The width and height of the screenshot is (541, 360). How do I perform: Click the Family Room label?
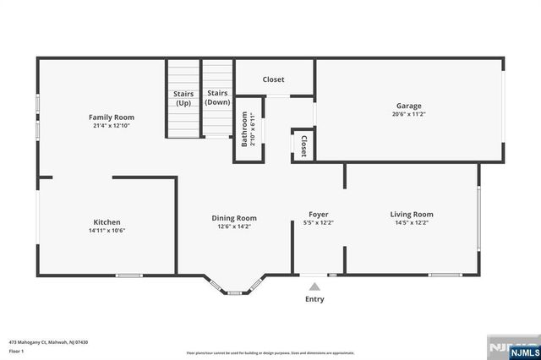click(x=112, y=117)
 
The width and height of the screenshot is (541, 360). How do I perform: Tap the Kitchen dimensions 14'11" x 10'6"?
click(x=107, y=230)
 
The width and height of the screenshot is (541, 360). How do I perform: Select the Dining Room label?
click(x=233, y=217)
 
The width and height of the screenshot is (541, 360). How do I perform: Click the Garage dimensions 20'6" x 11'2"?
click(x=408, y=114)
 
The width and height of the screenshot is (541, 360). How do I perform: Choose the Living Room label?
click(x=411, y=214)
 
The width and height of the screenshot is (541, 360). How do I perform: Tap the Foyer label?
click(x=318, y=215)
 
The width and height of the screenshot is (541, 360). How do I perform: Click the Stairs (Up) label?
click(x=183, y=98)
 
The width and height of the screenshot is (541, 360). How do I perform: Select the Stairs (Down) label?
click(x=217, y=97)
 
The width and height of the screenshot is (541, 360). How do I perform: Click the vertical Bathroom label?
click(x=244, y=131)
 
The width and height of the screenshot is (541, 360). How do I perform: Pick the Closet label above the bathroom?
click(x=273, y=79)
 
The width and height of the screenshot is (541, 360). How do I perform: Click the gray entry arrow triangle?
click(x=314, y=287)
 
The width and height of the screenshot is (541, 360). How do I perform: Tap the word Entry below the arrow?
click(x=314, y=299)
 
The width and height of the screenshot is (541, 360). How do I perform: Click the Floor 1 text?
click(x=16, y=350)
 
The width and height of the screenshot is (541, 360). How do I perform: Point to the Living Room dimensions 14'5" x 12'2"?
click(x=411, y=223)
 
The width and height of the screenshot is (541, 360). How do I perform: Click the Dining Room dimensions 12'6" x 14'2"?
click(x=233, y=226)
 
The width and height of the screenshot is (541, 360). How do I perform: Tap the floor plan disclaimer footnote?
click(x=270, y=352)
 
